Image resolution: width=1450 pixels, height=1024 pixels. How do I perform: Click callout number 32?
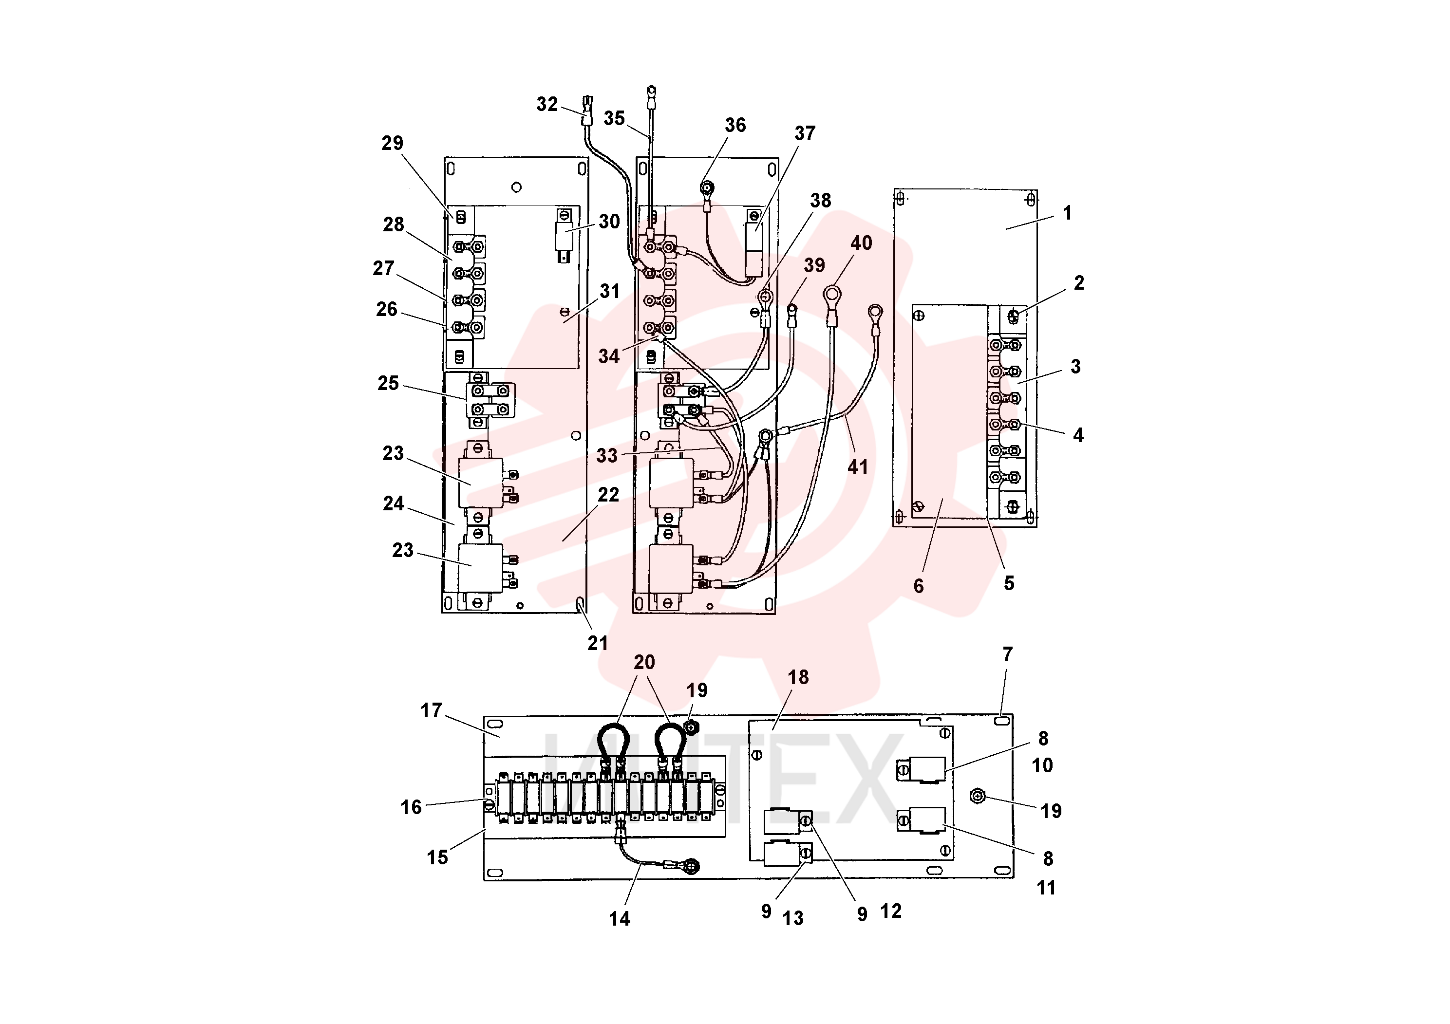click(x=547, y=104)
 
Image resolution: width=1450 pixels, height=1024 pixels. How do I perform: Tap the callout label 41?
click(x=858, y=467)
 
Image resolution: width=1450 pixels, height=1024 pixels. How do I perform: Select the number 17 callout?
click(x=432, y=711)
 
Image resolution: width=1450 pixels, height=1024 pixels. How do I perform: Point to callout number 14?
click(x=620, y=918)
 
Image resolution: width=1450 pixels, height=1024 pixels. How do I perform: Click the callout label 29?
click(x=392, y=143)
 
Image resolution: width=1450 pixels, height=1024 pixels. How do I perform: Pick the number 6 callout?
click(x=919, y=586)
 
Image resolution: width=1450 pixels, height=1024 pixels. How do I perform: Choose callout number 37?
click(x=805, y=133)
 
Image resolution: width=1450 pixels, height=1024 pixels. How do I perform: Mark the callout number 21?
click(x=598, y=643)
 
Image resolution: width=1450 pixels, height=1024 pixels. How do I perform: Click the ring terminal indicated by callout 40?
click(x=832, y=294)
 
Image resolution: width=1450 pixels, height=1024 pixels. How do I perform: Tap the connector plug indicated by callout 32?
click(x=587, y=111)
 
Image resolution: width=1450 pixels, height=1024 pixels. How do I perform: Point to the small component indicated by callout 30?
click(x=564, y=237)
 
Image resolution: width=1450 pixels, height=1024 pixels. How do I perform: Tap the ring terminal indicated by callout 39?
click(x=791, y=310)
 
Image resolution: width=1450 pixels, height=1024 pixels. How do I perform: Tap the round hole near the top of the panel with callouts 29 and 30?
click(x=517, y=187)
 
